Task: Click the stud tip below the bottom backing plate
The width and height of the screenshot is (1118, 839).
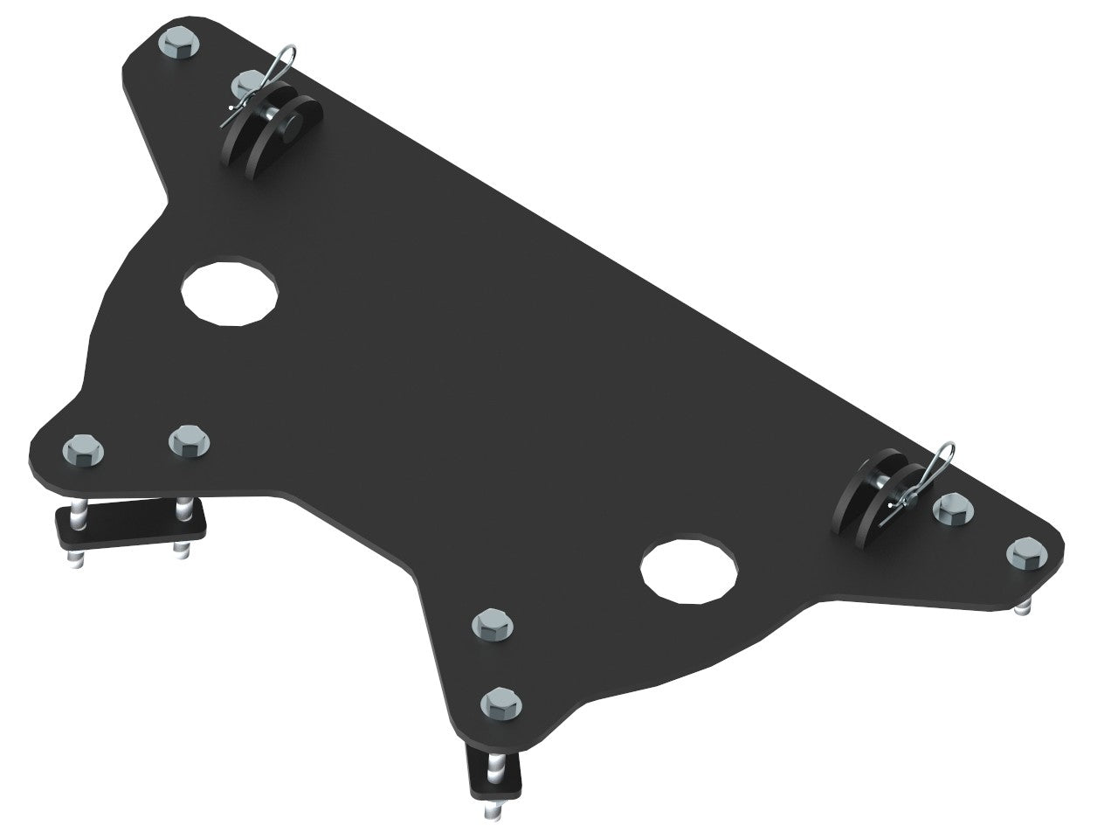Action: click(487, 810)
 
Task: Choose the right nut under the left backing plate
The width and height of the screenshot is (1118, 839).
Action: click(180, 549)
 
